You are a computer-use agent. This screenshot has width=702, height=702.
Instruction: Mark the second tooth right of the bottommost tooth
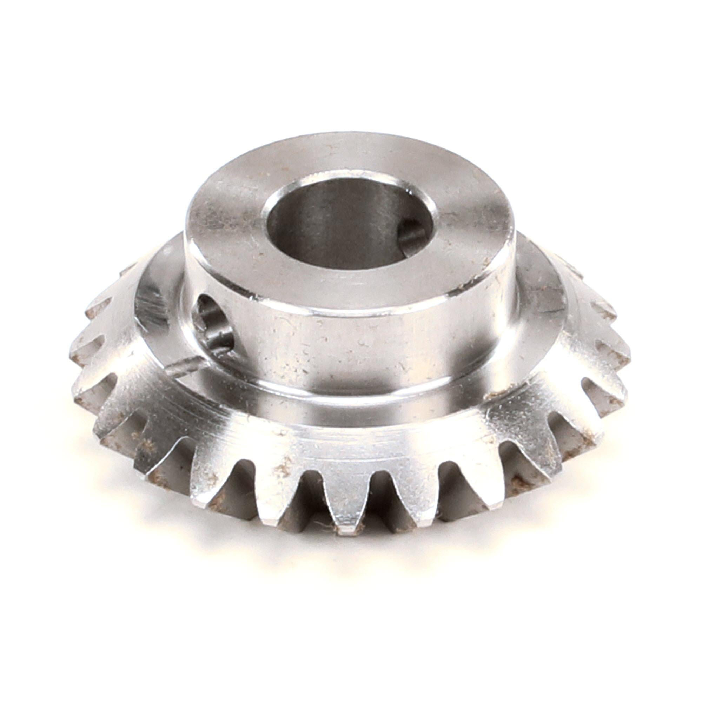pyautogui.click(x=472, y=483)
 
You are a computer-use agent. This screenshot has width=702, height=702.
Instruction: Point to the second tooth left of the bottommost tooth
pyautogui.click(x=207, y=483)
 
